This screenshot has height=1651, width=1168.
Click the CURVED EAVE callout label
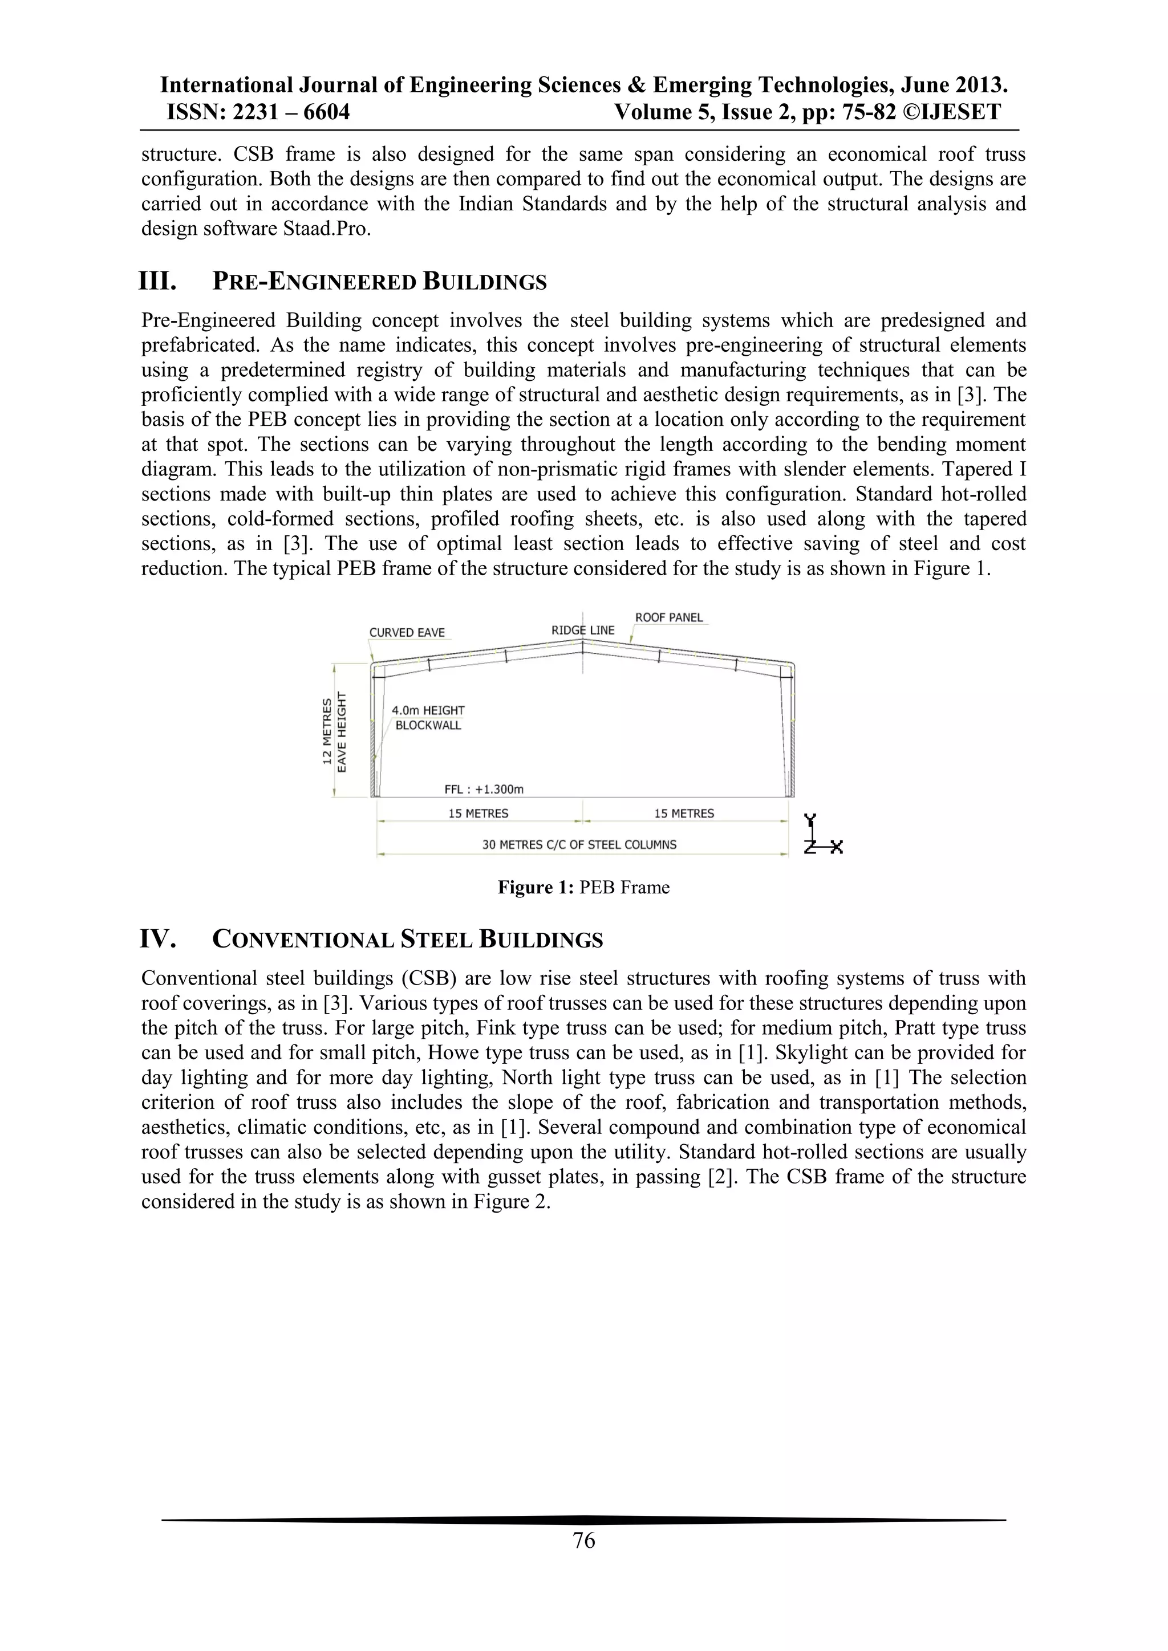[x=407, y=633]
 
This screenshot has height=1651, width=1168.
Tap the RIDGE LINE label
[x=582, y=630]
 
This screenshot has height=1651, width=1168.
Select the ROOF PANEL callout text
[x=669, y=617]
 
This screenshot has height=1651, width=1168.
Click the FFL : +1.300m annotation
[x=483, y=789]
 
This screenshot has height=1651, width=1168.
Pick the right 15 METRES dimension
[x=684, y=814]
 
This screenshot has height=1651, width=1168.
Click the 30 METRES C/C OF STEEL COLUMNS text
[x=579, y=844]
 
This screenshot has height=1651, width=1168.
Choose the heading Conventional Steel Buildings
[x=407, y=940]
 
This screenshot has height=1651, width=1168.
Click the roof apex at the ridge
[x=582, y=641]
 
